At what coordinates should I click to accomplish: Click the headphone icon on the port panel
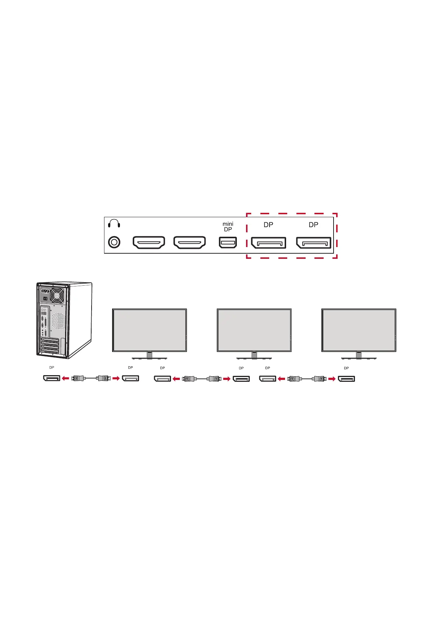point(114,223)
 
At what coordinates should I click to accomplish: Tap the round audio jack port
point(114,242)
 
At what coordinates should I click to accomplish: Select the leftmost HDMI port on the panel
point(149,242)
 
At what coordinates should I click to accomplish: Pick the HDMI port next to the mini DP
point(189,242)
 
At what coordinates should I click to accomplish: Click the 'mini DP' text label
point(228,226)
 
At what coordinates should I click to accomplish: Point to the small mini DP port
point(228,242)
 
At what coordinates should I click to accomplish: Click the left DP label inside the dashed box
point(268,225)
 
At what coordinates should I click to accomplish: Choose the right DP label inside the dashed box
point(314,225)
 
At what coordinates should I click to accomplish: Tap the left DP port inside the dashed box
point(268,243)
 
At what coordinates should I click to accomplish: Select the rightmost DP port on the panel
point(314,243)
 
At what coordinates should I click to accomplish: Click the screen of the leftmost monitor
point(149,330)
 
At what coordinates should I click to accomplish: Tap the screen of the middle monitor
point(254,330)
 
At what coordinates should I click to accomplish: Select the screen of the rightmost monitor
point(359,330)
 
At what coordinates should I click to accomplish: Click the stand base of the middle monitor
point(254,357)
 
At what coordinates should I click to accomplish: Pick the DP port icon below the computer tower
point(51,378)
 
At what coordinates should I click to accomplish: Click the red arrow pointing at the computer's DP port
point(65,378)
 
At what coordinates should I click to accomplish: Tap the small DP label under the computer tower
point(51,367)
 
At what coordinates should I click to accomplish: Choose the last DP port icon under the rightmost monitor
point(346,378)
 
